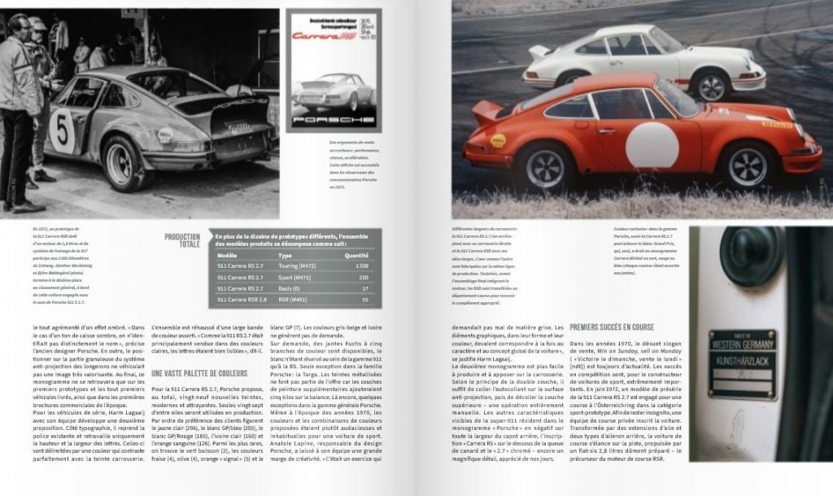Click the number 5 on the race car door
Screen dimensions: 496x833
click(x=62, y=127)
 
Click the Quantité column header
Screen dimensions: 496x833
click(x=357, y=254)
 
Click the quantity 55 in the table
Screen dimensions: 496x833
click(x=364, y=300)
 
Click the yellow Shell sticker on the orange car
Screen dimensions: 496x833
click(x=498, y=140)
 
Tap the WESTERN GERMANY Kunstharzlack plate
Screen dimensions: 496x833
click(x=741, y=363)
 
